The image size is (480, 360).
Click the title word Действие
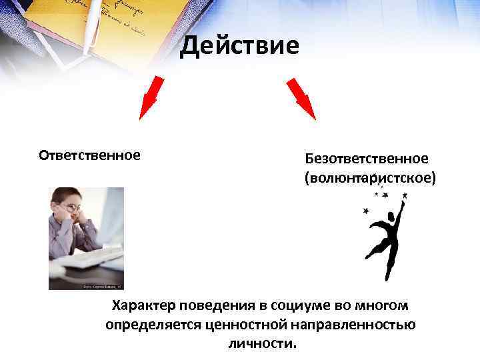(240, 46)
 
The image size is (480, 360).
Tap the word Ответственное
(89, 155)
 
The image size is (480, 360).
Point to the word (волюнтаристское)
(370, 179)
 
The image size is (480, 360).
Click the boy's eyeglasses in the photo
(71, 209)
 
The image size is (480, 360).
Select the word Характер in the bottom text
(143, 306)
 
